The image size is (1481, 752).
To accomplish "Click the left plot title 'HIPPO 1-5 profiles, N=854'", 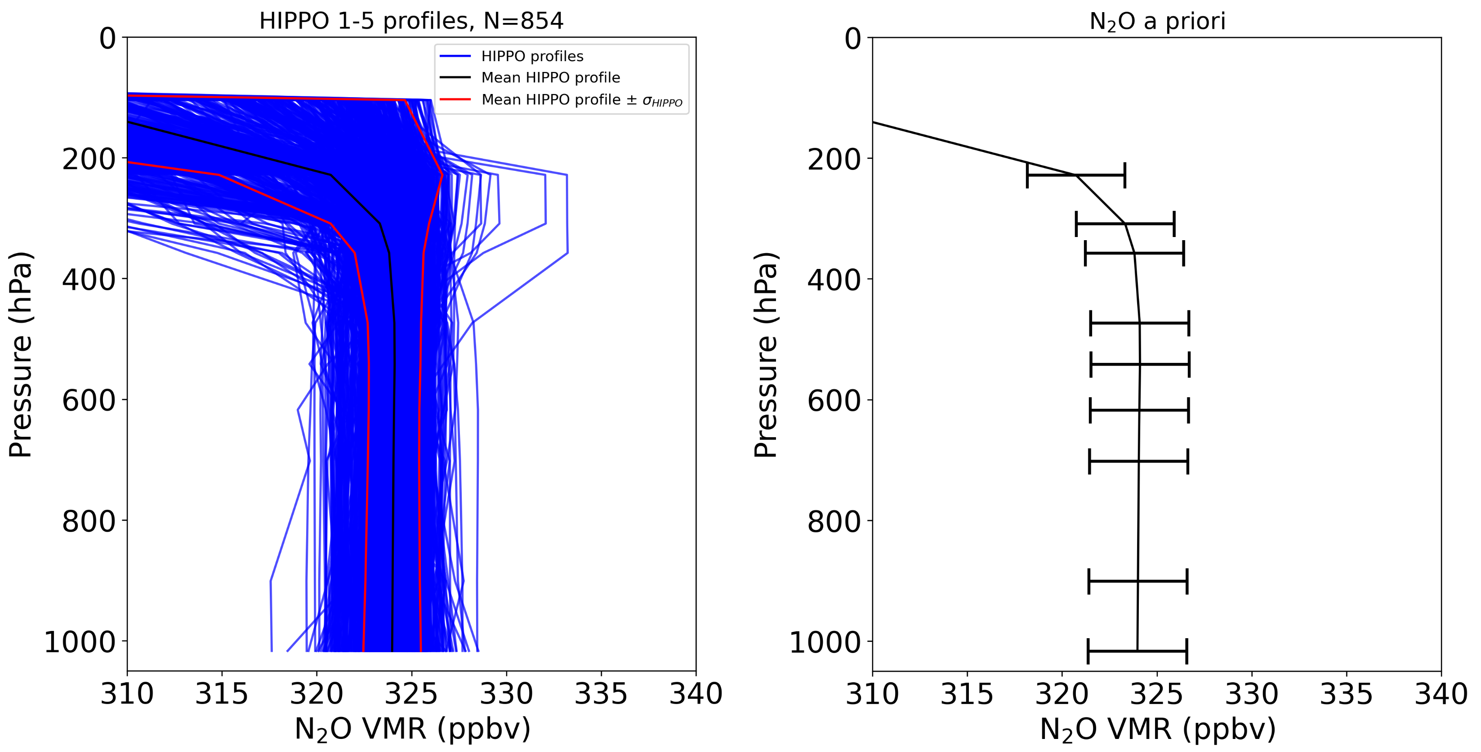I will pyautogui.click(x=411, y=21).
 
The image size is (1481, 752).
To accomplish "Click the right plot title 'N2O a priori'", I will pyautogui.click(x=1157, y=21).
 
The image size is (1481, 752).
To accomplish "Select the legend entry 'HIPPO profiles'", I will pyautogui.click(x=532, y=56).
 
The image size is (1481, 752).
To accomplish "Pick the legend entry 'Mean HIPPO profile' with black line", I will pyautogui.click(x=550, y=78).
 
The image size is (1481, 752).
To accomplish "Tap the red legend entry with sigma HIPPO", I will pyautogui.click(x=581, y=100).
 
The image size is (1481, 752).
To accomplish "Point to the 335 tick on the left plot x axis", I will pyautogui.click(x=601, y=694).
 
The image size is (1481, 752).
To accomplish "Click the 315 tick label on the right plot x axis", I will pyautogui.click(x=967, y=694).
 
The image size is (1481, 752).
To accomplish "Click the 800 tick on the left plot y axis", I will pyautogui.click(x=89, y=521).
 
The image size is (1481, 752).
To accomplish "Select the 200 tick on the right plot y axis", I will pyautogui.click(x=834, y=159).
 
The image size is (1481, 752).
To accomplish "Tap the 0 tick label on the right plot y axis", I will pyautogui.click(x=853, y=39).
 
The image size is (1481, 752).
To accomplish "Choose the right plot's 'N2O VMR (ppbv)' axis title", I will pyautogui.click(x=1157, y=729).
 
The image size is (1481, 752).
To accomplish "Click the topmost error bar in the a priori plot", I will pyautogui.click(x=1075, y=175).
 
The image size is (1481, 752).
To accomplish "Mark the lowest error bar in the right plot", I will pyautogui.click(x=1137, y=651).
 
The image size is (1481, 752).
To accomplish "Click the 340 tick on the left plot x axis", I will pyautogui.click(x=696, y=694).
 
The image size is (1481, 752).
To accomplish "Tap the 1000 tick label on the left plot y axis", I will pyautogui.click(x=79, y=642).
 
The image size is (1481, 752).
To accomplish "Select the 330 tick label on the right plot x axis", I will pyautogui.click(x=1252, y=694).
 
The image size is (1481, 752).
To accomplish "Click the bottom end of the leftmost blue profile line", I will pyautogui.click(x=272, y=650).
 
